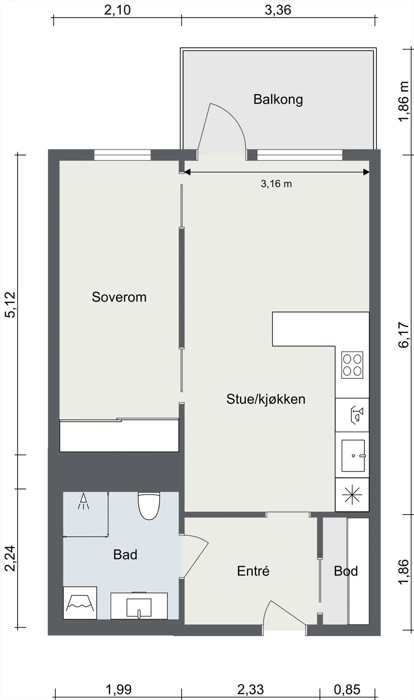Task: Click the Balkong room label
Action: (278, 99)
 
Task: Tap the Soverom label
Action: (119, 297)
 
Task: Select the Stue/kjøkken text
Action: (266, 399)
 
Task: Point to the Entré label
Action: (253, 571)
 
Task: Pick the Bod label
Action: (346, 571)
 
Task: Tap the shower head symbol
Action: (83, 501)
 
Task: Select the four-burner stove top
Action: (352, 365)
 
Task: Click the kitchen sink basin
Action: (353, 455)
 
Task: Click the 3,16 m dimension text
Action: (277, 184)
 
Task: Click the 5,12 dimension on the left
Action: (11, 304)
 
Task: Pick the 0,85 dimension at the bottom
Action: (347, 689)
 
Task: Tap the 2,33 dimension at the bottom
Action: (250, 689)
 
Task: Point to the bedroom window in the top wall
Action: (123, 155)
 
